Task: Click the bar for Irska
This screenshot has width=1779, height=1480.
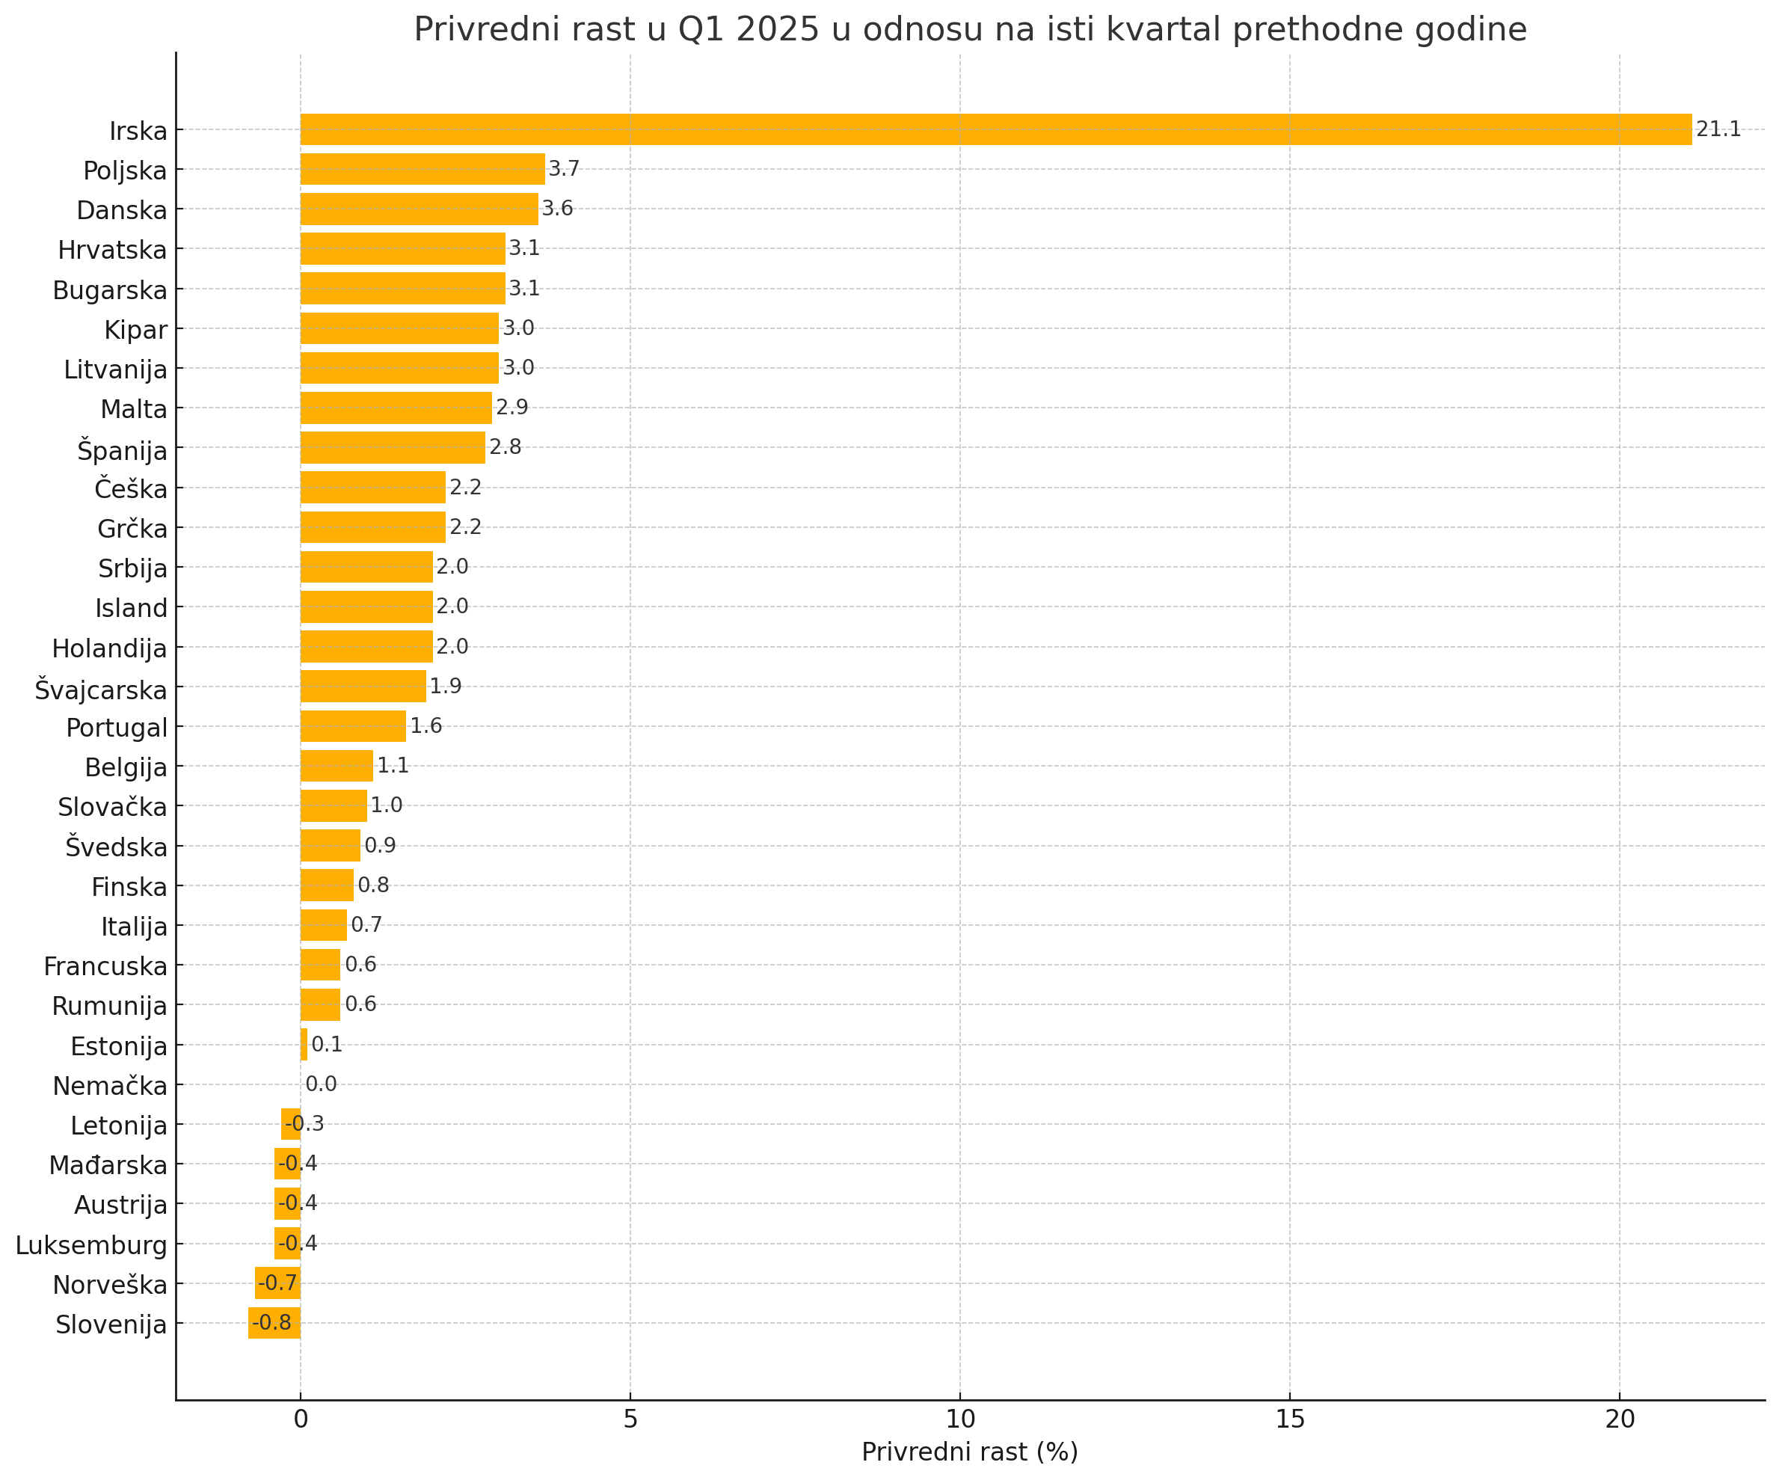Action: tap(995, 129)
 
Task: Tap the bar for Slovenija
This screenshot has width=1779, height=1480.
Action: tap(274, 1322)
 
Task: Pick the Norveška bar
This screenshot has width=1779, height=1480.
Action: tap(278, 1283)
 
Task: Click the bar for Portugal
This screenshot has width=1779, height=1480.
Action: tap(352, 726)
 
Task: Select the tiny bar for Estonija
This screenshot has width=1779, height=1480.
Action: tap(304, 1045)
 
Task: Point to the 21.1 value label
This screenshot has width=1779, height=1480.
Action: tap(1718, 129)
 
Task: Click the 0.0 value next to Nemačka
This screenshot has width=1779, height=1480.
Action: tap(321, 1084)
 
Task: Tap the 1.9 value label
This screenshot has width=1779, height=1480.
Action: tap(446, 687)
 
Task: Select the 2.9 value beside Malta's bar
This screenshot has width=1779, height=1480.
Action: tap(511, 408)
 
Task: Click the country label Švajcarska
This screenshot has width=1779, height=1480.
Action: tap(101, 690)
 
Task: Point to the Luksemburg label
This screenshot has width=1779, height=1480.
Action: tap(91, 1245)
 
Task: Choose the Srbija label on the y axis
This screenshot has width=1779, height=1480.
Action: tap(132, 568)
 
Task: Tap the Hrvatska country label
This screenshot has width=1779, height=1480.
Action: tap(113, 251)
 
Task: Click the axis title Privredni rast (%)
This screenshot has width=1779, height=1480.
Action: tap(969, 1452)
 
